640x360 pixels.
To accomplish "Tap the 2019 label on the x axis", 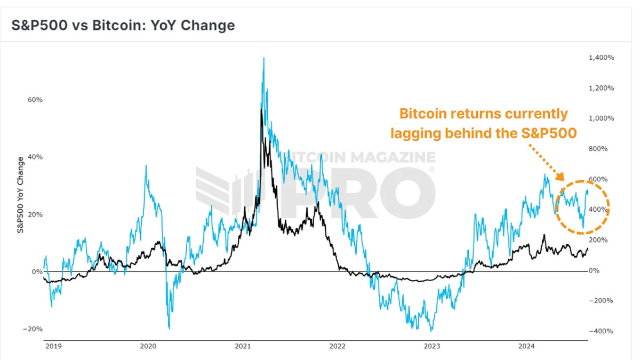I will coord(53,346).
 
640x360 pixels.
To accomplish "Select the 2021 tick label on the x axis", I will coord(243,346).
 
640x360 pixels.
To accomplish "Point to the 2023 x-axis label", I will coord(432,346).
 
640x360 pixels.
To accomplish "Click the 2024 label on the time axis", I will coord(526,346).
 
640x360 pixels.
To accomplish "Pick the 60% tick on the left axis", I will coord(35,100).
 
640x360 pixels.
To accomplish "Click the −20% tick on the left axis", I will coord(33,329).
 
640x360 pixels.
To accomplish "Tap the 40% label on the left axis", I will coord(35,157).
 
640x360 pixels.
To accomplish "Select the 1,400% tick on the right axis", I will coord(601,58).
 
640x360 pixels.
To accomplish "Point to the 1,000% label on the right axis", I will coord(601,118).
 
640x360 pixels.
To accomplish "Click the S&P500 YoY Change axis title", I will coord(20,195).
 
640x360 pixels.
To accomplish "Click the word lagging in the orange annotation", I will coord(417,133).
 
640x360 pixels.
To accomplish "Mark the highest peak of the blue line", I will coord(263,58).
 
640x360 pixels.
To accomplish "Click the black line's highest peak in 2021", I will coord(261,110).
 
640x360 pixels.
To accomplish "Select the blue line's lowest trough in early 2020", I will coord(169,328).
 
